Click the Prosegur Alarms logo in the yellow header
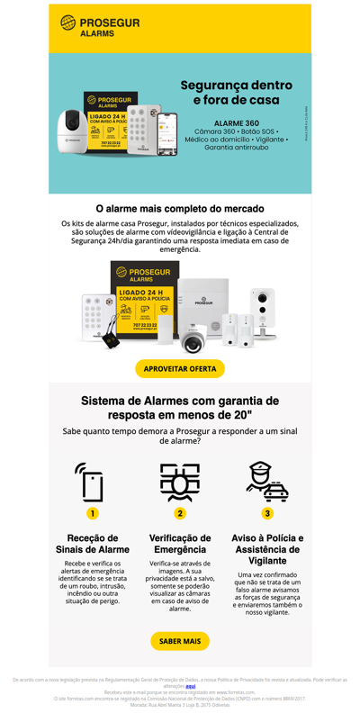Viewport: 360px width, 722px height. coord(100,26)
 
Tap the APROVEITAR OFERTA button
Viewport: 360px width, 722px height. coord(180,368)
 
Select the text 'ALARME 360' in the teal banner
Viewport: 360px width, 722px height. coord(237,122)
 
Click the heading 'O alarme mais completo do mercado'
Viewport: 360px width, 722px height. coord(180,208)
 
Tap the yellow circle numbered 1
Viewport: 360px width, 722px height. coord(93,513)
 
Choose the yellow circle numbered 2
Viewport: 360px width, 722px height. coord(180,513)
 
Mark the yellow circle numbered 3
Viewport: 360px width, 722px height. coord(267,513)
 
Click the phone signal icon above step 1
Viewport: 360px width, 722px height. coord(91,482)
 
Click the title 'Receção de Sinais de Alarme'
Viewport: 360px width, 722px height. coord(93,543)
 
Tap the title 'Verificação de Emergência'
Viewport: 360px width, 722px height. coord(180,543)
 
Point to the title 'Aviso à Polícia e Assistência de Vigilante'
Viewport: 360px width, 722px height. coord(267,549)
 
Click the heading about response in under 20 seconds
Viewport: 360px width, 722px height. coord(180,407)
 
